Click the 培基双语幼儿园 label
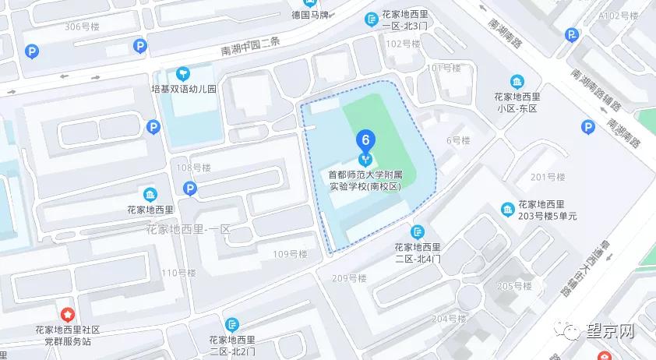click(x=183, y=90)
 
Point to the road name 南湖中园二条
click(x=252, y=48)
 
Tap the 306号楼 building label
click(x=82, y=26)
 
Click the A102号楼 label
click(x=618, y=15)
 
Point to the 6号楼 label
click(x=458, y=141)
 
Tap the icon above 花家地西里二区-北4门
click(x=418, y=231)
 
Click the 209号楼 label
click(x=348, y=278)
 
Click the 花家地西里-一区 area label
click(x=189, y=229)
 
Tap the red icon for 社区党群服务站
click(x=67, y=313)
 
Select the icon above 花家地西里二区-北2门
click(x=231, y=324)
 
